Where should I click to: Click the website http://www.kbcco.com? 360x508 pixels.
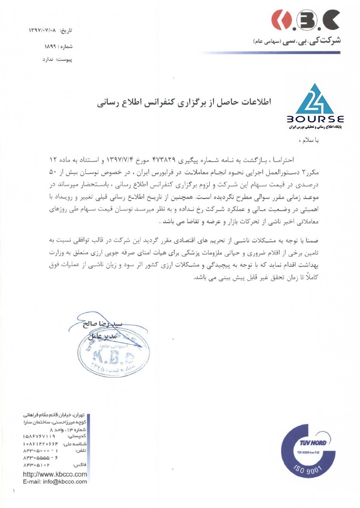[55, 474]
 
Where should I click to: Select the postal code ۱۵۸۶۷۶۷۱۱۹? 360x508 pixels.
[39, 436]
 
